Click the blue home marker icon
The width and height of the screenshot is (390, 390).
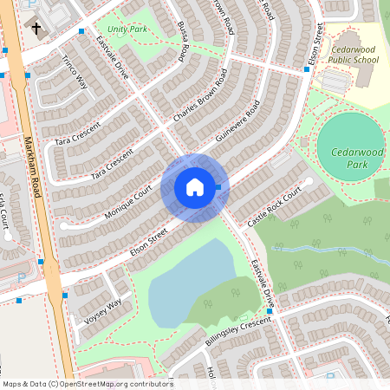(194, 187)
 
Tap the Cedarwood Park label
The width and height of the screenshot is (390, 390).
(350, 158)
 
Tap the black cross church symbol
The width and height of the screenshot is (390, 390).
(36, 29)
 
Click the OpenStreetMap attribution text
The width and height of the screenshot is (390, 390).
(88, 383)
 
